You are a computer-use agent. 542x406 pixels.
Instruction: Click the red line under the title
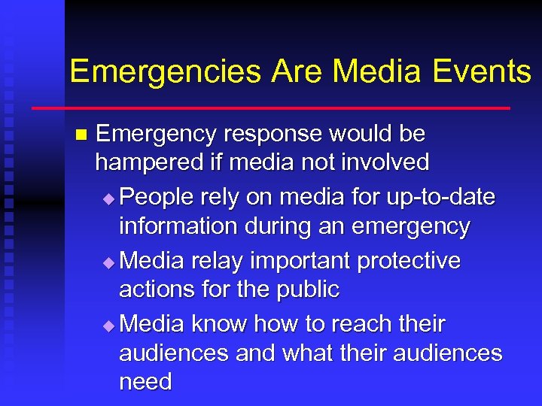coord(271,108)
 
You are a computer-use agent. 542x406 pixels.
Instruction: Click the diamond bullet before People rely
coord(110,199)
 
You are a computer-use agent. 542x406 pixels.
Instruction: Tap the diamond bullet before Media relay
coord(110,262)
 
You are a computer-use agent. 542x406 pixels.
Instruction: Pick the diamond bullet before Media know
coord(110,326)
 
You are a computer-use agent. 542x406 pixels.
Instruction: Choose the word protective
coord(409,261)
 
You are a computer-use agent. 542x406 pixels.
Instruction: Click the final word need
coord(145,382)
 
